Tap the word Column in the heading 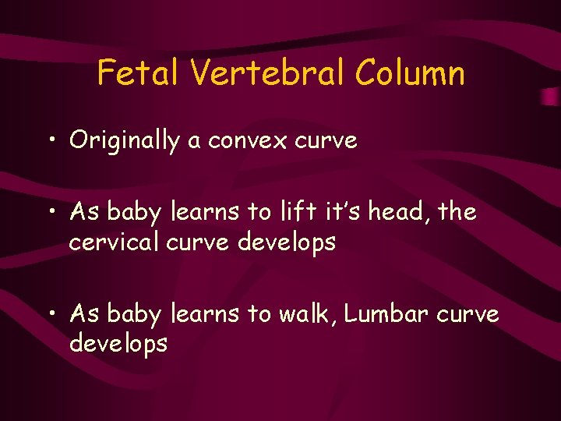pos(409,74)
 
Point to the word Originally pos(124,141)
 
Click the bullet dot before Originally pos(53,142)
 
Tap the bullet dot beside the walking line pos(53,314)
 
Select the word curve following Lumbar pos(467,313)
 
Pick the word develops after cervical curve pos(287,242)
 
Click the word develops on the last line pos(118,344)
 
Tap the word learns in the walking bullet pos(206,313)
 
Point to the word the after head pos(457,212)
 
